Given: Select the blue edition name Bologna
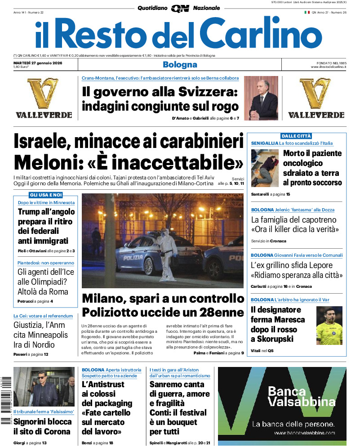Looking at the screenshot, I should [x=180, y=65].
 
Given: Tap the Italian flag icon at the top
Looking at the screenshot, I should [x=307, y=13].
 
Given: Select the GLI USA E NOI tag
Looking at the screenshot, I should [x=45, y=195].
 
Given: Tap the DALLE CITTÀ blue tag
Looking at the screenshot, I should [x=296, y=136].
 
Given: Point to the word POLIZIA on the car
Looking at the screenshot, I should [x=133, y=258].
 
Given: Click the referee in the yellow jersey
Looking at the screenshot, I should [x=329, y=326].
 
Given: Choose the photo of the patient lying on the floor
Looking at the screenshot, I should [x=265, y=168].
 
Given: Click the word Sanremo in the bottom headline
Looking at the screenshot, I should [x=170, y=384].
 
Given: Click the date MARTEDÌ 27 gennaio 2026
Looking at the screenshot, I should [x=38, y=63].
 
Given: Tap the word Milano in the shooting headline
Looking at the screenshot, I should [x=105, y=299].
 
